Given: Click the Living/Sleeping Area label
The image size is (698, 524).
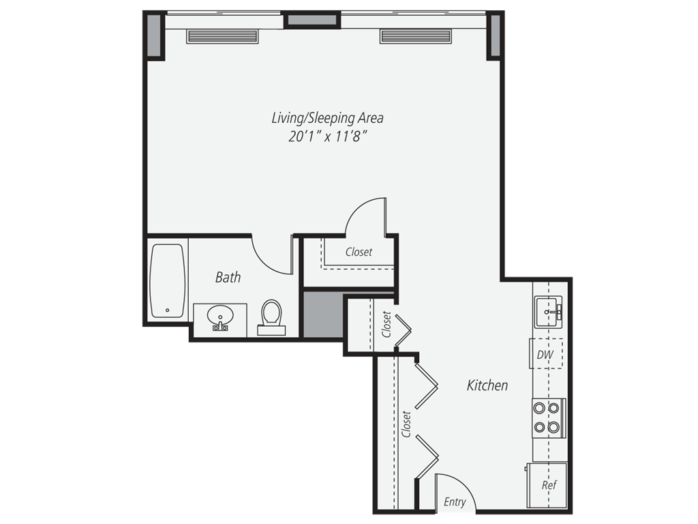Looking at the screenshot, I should tap(327, 117).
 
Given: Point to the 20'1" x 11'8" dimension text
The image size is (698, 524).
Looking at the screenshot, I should tap(327, 136).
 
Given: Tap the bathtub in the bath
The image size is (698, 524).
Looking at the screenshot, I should tap(167, 280).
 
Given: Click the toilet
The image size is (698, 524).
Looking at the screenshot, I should tap(271, 315).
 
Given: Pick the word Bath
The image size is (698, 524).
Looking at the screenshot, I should tap(228, 277).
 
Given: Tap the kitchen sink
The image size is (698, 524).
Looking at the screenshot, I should tap(549, 311).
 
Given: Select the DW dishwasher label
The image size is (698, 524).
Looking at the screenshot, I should tap(545, 355).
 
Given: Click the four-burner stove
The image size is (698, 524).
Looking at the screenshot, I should tap(548, 418).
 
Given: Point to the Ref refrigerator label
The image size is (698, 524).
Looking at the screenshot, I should tap(549, 485).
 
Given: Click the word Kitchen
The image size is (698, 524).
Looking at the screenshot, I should tap(487, 385).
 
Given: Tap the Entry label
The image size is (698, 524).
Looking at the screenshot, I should tap(455, 502).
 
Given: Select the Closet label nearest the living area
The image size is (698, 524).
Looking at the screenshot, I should tap(359, 252).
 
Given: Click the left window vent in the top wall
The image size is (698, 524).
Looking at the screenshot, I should tap(222, 36).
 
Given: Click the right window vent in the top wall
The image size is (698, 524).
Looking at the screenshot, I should tap(416, 36).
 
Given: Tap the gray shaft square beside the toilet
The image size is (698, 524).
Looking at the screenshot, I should tap(323, 315).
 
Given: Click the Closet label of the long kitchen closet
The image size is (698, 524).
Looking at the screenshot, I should tap(406, 424).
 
